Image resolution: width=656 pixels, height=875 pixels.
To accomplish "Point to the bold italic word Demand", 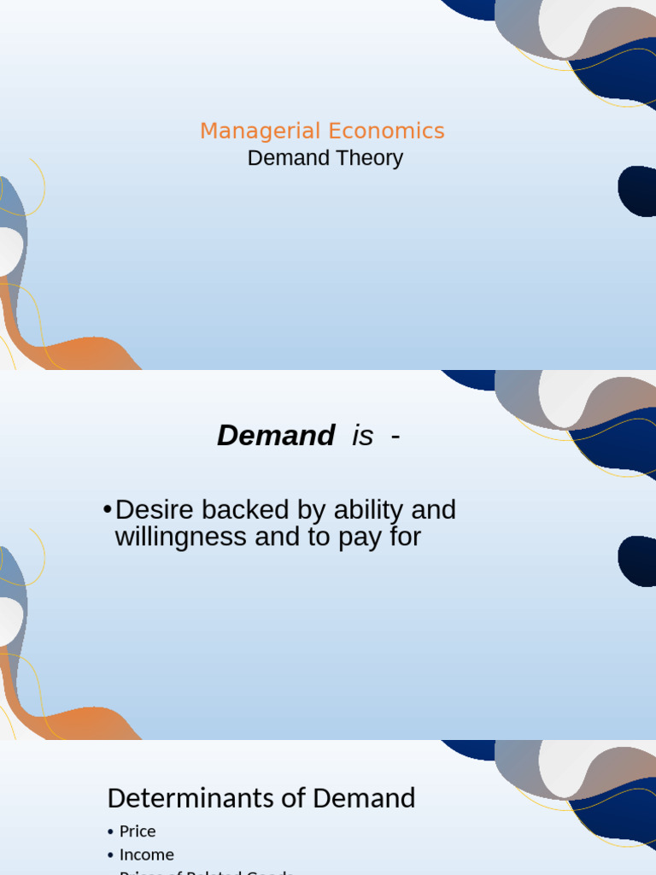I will (x=275, y=436).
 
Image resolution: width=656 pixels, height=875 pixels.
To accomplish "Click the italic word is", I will (x=362, y=436).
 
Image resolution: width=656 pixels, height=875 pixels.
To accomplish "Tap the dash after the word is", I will (x=395, y=436).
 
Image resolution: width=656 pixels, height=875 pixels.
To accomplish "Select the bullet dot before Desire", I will (x=107, y=510).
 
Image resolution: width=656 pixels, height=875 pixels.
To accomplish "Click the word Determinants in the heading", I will (x=196, y=798).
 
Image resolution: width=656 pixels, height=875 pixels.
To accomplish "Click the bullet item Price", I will (x=138, y=831).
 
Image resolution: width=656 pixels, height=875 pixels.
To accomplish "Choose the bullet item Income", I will (x=146, y=854).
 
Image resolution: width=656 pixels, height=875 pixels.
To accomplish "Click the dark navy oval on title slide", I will (x=637, y=191).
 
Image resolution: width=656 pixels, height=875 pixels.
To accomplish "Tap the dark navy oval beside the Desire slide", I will (x=637, y=561).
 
